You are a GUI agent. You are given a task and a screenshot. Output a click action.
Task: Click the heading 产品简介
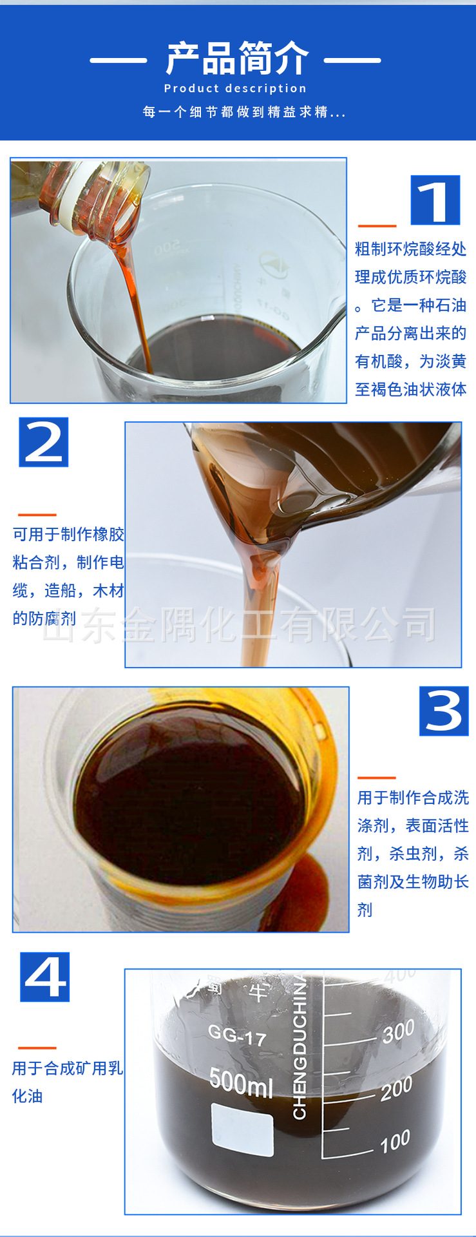(x=237, y=59)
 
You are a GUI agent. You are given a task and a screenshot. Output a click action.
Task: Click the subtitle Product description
(x=235, y=88)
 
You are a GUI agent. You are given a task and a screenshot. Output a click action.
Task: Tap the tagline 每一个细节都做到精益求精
(x=243, y=112)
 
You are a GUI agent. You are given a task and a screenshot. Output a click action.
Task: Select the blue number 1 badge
(x=435, y=200)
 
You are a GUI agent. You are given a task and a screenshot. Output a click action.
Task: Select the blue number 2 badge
(x=43, y=442)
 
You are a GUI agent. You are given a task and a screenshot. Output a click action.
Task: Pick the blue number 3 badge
(x=443, y=711)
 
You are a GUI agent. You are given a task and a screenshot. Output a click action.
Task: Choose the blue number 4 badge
(x=44, y=977)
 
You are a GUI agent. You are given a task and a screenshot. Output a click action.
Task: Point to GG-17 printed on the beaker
(x=236, y=1036)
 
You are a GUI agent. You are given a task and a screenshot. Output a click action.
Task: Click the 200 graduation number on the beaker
(x=395, y=1088)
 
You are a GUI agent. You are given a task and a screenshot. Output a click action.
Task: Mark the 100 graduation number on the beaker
(x=394, y=1141)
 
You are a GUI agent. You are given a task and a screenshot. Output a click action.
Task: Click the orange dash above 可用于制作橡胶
(x=37, y=515)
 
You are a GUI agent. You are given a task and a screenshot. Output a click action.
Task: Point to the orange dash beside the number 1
(x=377, y=226)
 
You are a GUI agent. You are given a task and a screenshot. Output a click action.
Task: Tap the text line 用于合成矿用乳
(x=67, y=1068)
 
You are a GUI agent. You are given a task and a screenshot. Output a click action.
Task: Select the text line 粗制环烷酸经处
(x=410, y=249)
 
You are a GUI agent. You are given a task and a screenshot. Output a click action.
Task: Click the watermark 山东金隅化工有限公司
(x=238, y=625)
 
